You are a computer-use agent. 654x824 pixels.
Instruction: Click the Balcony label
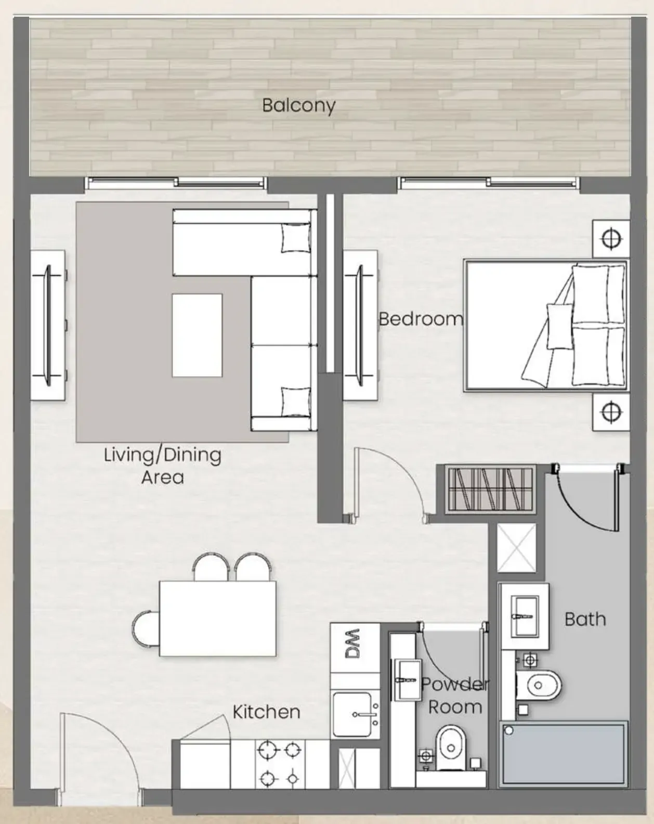(x=299, y=106)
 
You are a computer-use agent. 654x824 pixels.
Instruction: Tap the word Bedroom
(x=421, y=319)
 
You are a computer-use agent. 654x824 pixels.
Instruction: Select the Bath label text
(x=585, y=620)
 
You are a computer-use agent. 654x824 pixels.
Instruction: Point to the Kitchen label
(x=266, y=712)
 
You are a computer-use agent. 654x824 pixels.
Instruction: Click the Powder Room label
(x=455, y=696)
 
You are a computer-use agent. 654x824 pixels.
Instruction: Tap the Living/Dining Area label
(x=163, y=466)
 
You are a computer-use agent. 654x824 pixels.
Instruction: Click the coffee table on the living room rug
(x=197, y=336)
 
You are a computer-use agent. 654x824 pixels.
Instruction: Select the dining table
(x=218, y=619)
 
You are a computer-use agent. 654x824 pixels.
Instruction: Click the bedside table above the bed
(x=611, y=239)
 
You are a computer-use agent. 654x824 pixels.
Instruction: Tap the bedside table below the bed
(x=611, y=413)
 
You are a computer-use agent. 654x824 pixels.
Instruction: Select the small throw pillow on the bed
(x=559, y=326)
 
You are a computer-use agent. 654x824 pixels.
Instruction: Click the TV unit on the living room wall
(x=47, y=326)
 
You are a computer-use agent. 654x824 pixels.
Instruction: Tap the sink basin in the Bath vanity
(x=525, y=616)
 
